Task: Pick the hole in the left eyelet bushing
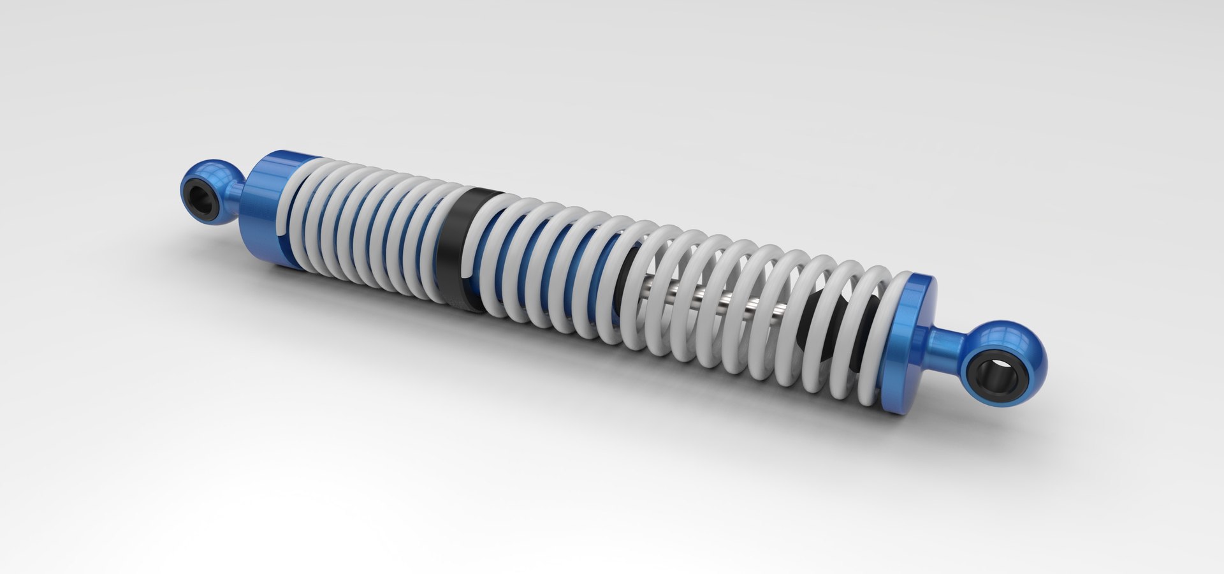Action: pos(203,203)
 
